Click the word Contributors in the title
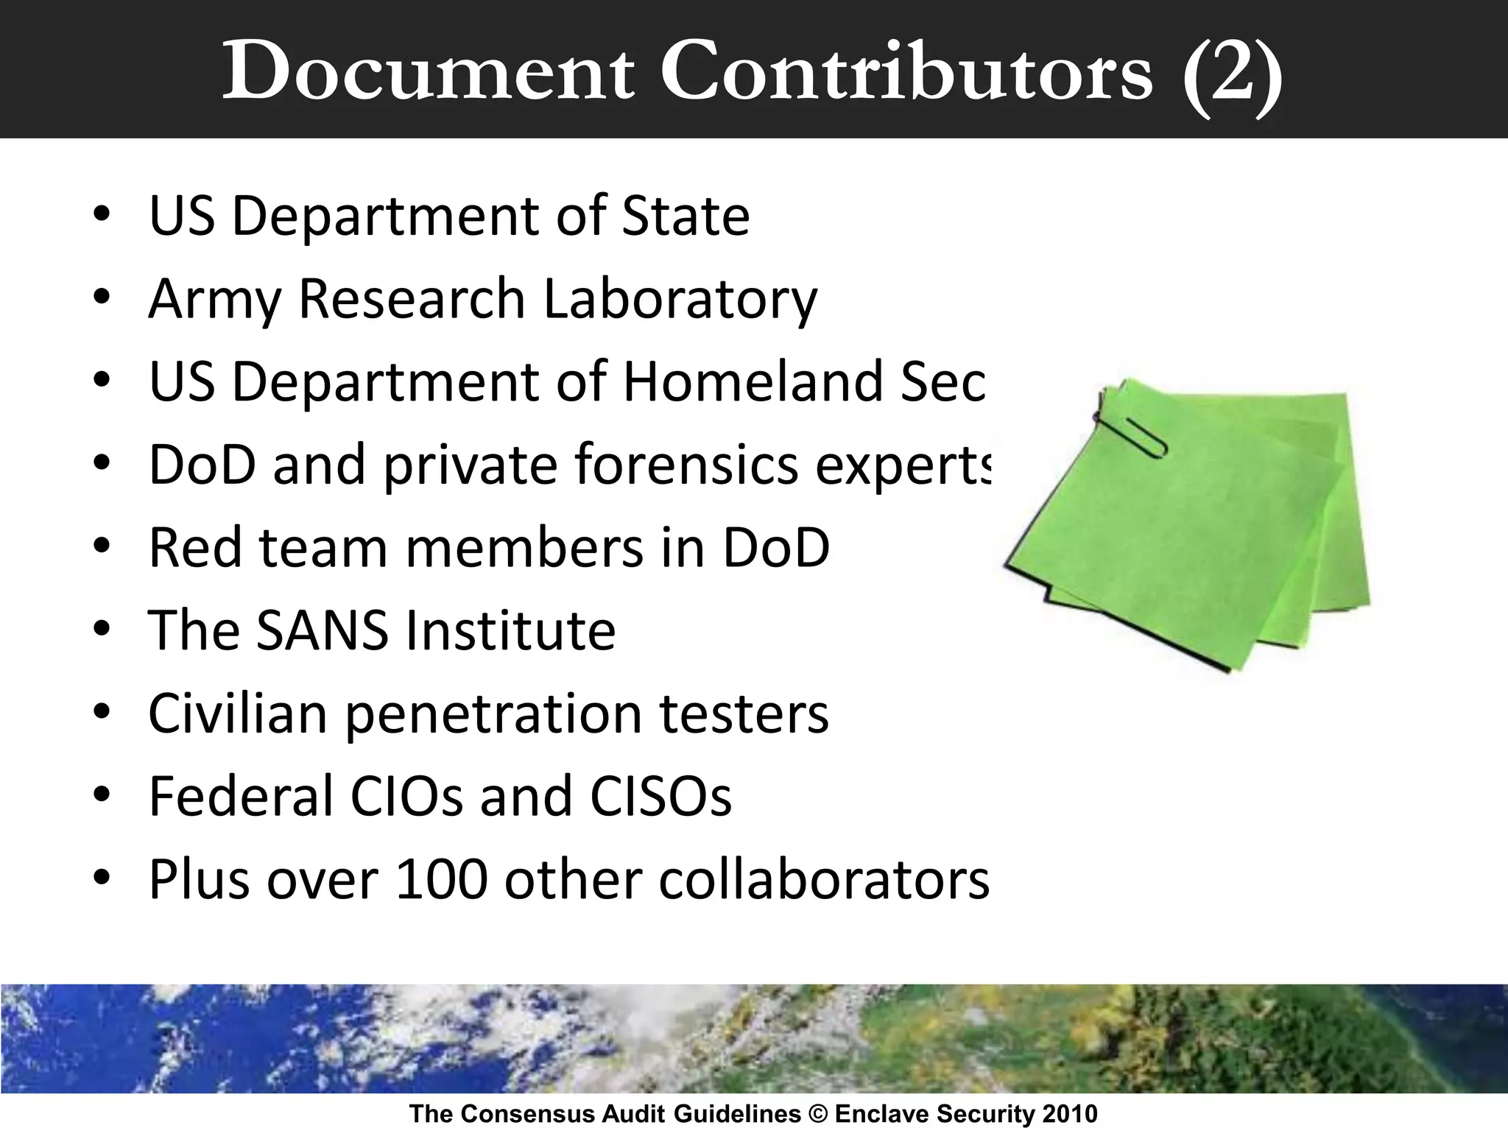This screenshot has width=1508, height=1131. pyautogui.click(x=906, y=72)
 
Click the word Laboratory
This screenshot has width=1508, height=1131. pyautogui.click(x=680, y=300)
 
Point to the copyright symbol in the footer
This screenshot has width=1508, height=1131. pyautogui.click(x=817, y=1113)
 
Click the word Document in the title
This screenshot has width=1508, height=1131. pyautogui.click(x=428, y=72)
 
